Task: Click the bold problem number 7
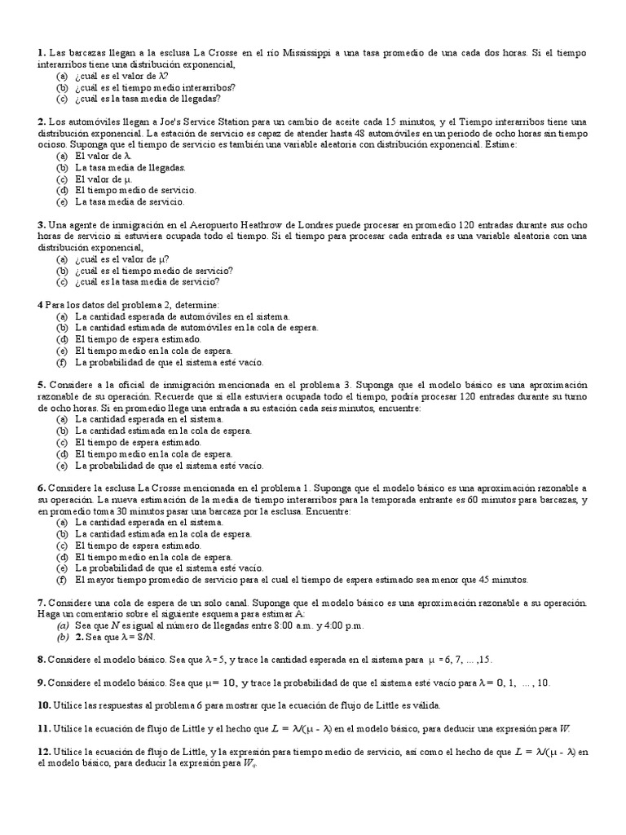click(x=41, y=602)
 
